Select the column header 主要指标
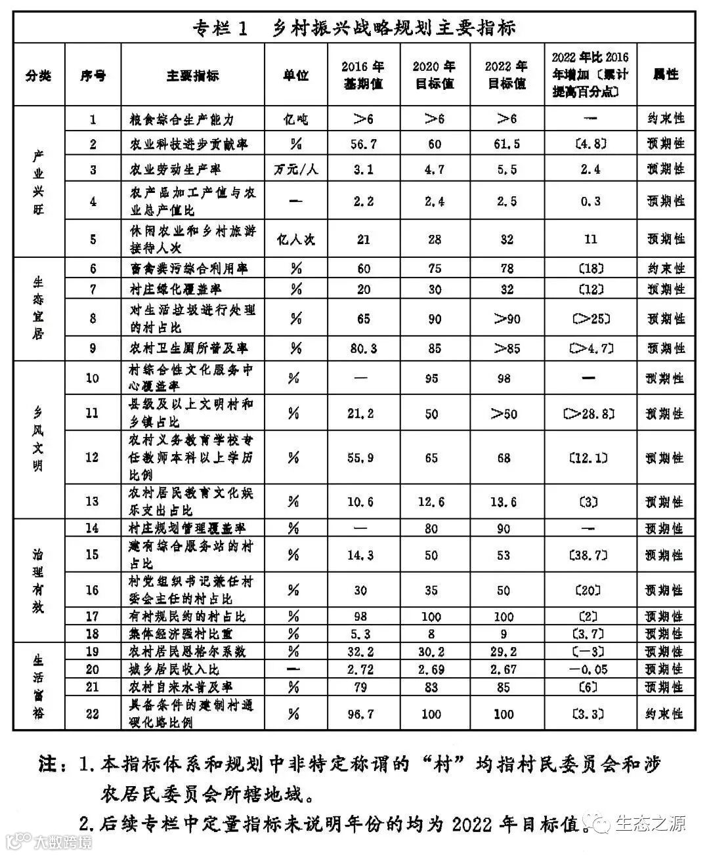[192, 75]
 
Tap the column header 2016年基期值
[362, 75]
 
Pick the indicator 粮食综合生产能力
[182, 119]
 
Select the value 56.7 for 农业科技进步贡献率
[362, 144]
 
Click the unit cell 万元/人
[295, 170]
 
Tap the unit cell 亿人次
[295, 240]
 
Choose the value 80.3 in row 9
[362, 348]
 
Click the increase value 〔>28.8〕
[590, 413]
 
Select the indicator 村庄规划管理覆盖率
[188, 528]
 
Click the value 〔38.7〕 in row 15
[590, 555]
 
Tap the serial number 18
[93, 634]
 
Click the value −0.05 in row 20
[590, 669]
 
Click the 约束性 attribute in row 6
[666, 269]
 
